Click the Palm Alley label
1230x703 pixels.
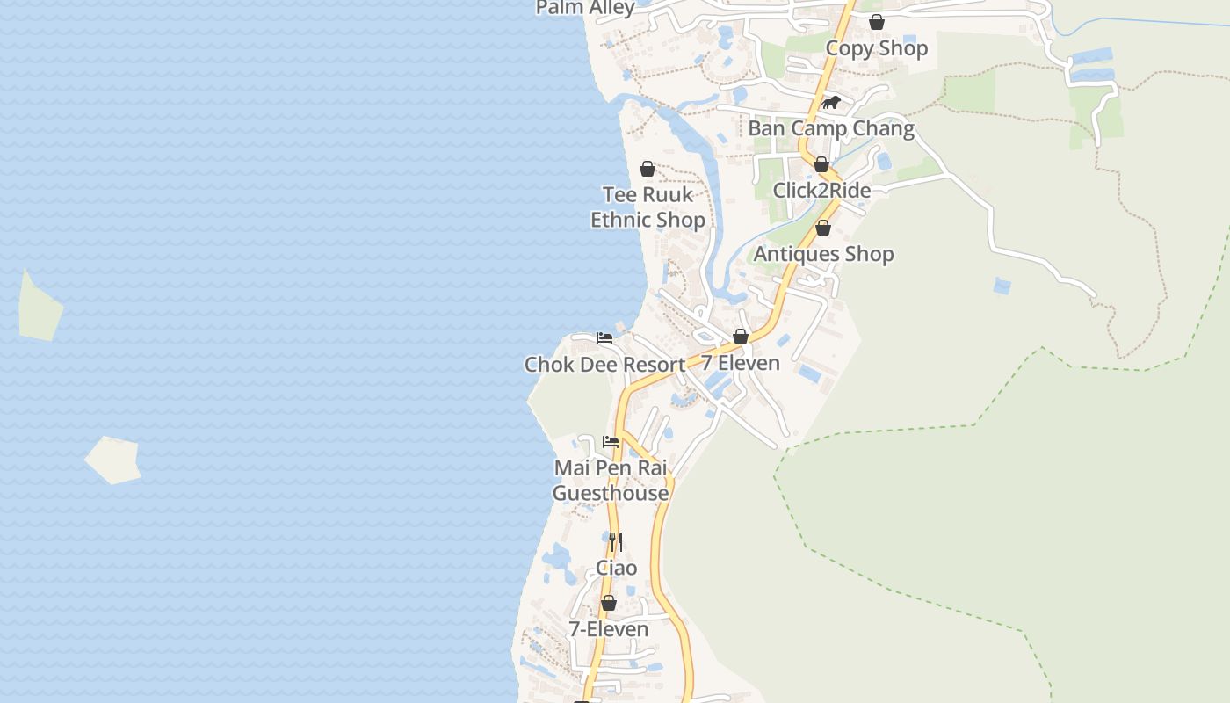click(585, 8)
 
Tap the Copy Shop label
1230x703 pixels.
click(876, 48)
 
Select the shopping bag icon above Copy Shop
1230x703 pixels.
click(876, 22)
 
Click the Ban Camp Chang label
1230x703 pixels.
click(831, 128)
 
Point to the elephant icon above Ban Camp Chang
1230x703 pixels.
click(831, 103)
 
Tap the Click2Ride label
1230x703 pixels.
click(821, 191)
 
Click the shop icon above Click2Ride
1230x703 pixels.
click(821, 164)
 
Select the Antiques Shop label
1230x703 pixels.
click(823, 254)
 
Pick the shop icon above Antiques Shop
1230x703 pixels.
click(823, 228)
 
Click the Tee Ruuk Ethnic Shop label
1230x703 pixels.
click(648, 207)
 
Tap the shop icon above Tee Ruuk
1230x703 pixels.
click(648, 169)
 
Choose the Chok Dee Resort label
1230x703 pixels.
click(604, 365)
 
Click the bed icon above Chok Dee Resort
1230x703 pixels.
click(604, 337)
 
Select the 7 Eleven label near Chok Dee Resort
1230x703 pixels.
click(740, 363)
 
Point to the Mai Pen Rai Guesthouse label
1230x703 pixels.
click(611, 481)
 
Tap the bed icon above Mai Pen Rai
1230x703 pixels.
click(611, 441)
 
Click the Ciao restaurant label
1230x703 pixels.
click(617, 568)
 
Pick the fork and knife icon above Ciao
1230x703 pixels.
click(617, 541)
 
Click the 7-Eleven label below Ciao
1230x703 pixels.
click(608, 629)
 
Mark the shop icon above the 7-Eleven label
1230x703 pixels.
click(608, 603)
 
